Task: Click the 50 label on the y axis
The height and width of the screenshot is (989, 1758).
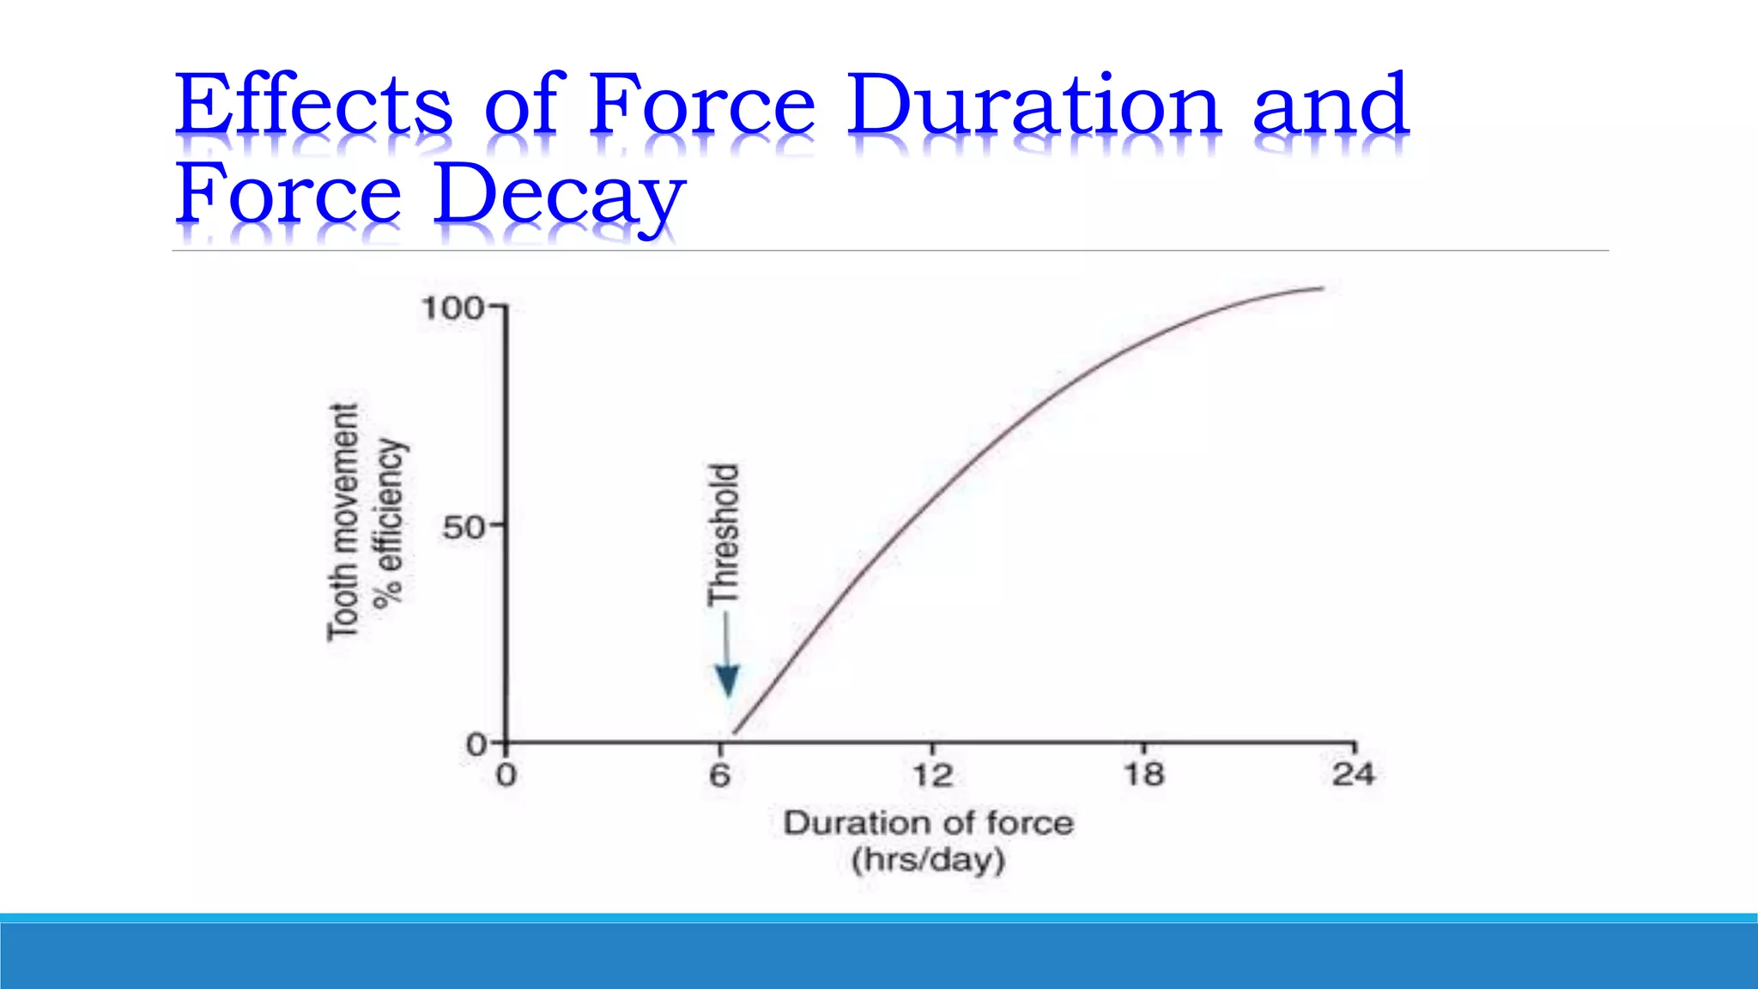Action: (464, 527)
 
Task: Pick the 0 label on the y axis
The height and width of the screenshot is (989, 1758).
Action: (476, 744)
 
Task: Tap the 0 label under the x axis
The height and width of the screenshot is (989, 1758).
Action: (506, 775)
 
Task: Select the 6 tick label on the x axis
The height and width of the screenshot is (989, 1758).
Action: (719, 775)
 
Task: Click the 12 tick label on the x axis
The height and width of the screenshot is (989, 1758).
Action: (931, 775)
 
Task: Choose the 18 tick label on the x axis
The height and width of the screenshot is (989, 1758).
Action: (1144, 774)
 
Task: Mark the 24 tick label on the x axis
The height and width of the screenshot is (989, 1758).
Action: (1353, 774)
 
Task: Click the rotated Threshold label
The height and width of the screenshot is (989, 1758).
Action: (724, 534)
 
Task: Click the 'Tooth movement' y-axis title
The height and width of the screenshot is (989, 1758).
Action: (343, 522)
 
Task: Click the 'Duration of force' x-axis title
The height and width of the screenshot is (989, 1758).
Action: (928, 822)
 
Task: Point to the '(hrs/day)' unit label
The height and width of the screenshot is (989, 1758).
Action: (928, 859)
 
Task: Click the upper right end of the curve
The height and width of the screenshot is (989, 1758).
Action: (1320, 288)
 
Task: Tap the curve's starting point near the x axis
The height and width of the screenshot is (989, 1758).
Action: (737, 731)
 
